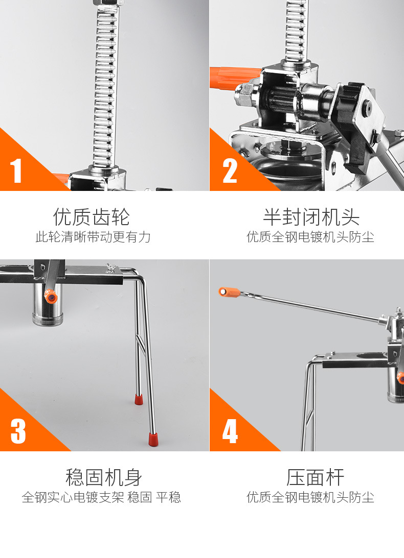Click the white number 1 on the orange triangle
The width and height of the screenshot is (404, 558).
[x=16, y=171]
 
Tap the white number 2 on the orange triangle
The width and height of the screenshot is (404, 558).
[x=230, y=171]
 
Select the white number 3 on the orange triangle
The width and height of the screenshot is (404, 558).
[x=18, y=431]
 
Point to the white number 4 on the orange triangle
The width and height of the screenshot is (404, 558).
[x=230, y=431]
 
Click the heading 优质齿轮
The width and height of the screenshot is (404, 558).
[x=91, y=217]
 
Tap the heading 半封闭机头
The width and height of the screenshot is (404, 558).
[x=311, y=217]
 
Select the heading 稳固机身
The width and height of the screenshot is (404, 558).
[x=104, y=477]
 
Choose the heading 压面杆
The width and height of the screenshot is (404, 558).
[x=315, y=477]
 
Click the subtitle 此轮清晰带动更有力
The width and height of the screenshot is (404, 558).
[x=93, y=237]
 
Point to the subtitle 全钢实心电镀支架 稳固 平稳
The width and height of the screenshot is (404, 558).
[x=101, y=497]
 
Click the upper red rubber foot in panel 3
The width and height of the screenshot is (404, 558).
[x=139, y=399]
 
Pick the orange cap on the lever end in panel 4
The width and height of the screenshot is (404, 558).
[x=229, y=292]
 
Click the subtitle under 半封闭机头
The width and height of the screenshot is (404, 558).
[x=310, y=237]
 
